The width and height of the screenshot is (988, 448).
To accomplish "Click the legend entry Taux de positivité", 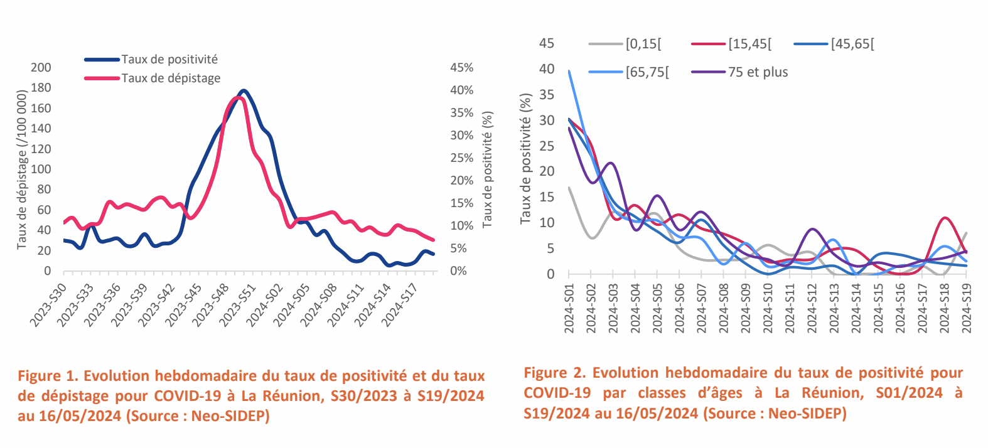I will tap(169, 60).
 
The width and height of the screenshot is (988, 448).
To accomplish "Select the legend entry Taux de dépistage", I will tap(171, 78).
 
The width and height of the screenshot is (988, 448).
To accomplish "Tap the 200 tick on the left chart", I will tap(41, 68).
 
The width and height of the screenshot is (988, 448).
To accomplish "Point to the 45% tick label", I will tap(461, 68).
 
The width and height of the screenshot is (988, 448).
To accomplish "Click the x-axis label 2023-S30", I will tap(48, 305).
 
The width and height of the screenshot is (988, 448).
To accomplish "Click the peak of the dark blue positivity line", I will tap(244, 91).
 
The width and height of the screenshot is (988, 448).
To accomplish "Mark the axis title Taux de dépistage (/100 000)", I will tap(22, 169).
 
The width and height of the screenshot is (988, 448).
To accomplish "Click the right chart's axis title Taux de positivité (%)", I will tap(526, 158).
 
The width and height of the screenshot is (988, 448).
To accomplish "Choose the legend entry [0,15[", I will tap(643, 44).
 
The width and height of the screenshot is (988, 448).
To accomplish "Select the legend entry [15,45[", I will tap(749, 44).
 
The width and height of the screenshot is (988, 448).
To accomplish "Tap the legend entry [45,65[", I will tap(852, 44).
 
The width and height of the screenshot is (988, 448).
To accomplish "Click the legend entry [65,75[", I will tap(647, 72).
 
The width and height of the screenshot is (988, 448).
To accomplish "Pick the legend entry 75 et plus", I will tap(758, 72).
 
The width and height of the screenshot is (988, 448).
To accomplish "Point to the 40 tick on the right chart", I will tap(547, 69).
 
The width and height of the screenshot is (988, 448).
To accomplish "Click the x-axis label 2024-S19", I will tap(966, 308).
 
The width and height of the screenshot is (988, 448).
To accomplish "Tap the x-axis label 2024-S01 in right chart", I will tap(569, 308).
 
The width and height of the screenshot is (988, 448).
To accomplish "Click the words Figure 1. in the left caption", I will tap(48, 376).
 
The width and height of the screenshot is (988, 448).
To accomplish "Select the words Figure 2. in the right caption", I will tap(555, 373).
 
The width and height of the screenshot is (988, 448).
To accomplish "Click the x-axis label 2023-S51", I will tap(238, 305).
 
